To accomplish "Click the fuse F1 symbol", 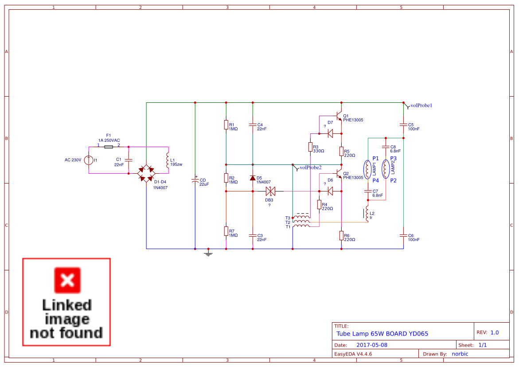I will coord(108,146).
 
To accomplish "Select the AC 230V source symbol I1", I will coord(89,160).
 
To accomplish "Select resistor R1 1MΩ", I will coord(226,125).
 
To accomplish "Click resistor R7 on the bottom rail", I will coord(226,231).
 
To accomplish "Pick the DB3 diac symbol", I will coord(270,191).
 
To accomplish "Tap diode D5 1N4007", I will coord(253,178).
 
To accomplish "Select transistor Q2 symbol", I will coord(339,174).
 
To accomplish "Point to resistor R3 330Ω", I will coord(310,147).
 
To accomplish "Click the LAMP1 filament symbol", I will coord(367,169).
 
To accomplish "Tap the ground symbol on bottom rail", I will coord(208,253).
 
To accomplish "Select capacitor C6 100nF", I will coord(403,235).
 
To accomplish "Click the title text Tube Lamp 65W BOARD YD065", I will coord(382,334).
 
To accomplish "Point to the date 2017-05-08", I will coord(372,345).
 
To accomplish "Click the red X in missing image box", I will coord(67,280).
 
